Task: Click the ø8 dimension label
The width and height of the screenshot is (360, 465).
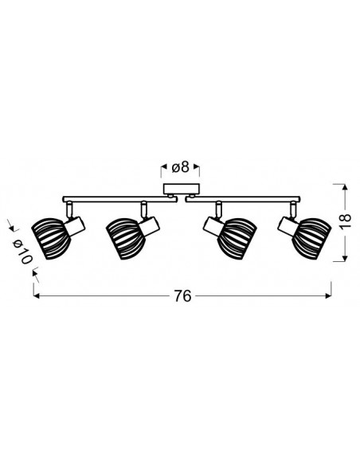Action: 180,167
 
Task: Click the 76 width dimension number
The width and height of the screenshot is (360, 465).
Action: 182,296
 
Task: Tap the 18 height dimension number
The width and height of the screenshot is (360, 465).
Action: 345,221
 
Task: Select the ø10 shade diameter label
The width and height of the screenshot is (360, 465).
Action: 22,252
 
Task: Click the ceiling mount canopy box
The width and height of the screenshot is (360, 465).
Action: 182,189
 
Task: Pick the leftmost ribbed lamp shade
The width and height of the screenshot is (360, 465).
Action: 50,239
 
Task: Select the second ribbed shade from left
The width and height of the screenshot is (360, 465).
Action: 125,239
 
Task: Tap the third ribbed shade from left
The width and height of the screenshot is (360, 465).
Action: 237,239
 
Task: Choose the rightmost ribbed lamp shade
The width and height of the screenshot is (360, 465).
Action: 311,239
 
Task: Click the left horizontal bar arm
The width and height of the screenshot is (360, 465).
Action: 119,199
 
